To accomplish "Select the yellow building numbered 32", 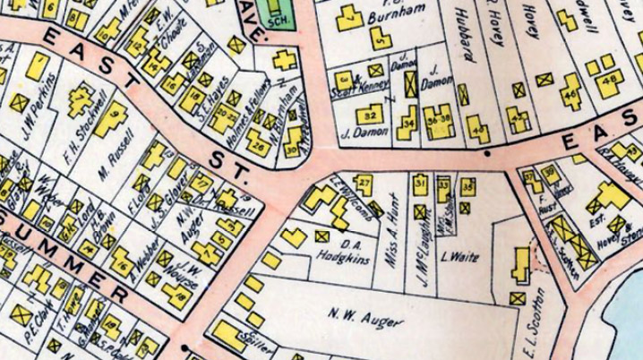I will pyautogui.click(x=369, y=116).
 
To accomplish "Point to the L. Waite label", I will pyautogui.click(x=460, y=258).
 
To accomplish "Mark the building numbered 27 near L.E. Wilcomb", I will pyautogui.click(x=364, y=184).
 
